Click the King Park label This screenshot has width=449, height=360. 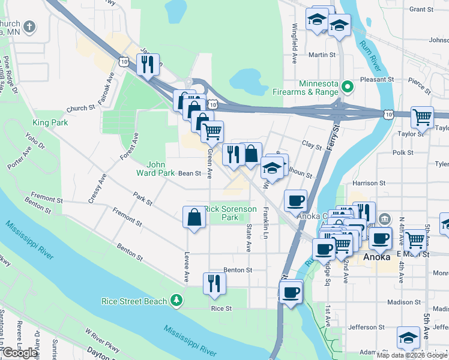pyautogui.click(x=50, y=122)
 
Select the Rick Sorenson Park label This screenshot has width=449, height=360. pyautogui.click(x=231, y=214)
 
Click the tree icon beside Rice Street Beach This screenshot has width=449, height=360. pyautogui.click(x=176, y=299)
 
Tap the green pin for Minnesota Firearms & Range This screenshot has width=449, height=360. pyautogui.click(x=346, y=88)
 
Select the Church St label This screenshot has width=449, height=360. pyautogui.click(x=81, y=109)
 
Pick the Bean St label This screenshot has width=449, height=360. pyautogui.click(x=189, y=173)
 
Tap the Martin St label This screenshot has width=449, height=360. pyautogui.click(x=322, y=55)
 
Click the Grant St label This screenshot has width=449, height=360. pyautogui.click(x=421, y=10)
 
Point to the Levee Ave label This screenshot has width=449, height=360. pyautogui.click(x=187, y=268)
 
